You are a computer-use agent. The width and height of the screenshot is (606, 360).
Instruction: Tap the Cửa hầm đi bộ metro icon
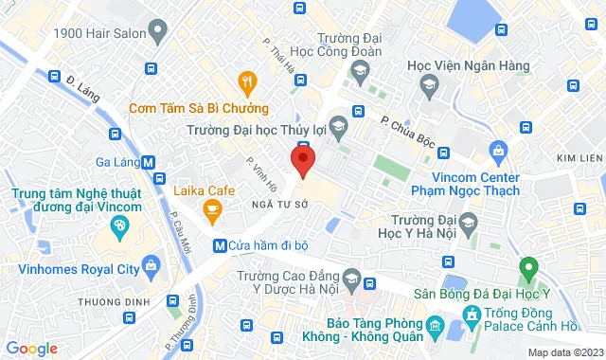(220, 245)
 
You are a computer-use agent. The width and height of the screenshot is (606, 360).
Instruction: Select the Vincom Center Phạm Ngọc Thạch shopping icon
(498, 150)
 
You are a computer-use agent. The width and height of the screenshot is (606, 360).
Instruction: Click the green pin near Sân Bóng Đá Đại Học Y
(529, 269)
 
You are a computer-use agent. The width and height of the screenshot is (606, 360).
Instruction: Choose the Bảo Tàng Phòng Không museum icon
(434, 329)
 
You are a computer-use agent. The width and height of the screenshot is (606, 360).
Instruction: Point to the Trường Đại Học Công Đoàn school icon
(359, 71)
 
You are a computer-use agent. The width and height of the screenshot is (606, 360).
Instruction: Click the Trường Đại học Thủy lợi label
(277, 131)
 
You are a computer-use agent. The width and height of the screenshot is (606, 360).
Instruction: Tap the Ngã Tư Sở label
(276, 203)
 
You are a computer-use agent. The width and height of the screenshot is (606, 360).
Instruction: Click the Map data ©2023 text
(563, 352)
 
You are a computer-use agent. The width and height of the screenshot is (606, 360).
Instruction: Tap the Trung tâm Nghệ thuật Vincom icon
(119, 226)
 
